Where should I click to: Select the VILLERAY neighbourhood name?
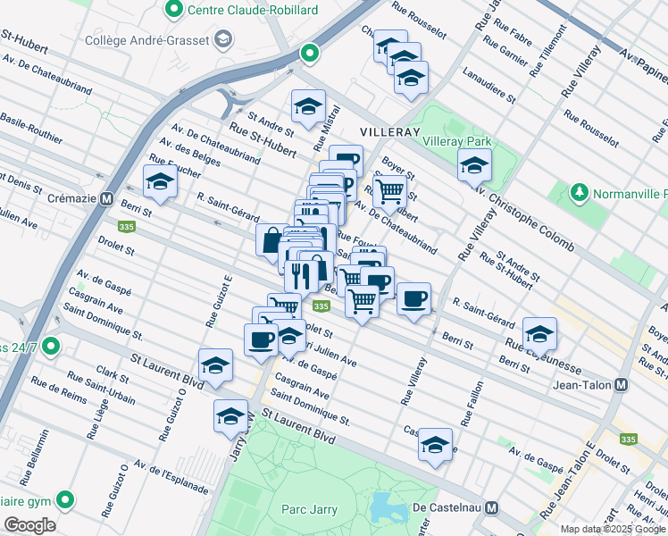pos(389,131)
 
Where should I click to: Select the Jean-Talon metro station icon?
pos(622,384)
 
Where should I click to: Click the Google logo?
pos(29,525)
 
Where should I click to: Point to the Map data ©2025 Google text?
pos(613,529)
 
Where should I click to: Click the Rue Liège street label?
pos(97,417)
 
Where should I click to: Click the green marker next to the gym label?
pos(64,499)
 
